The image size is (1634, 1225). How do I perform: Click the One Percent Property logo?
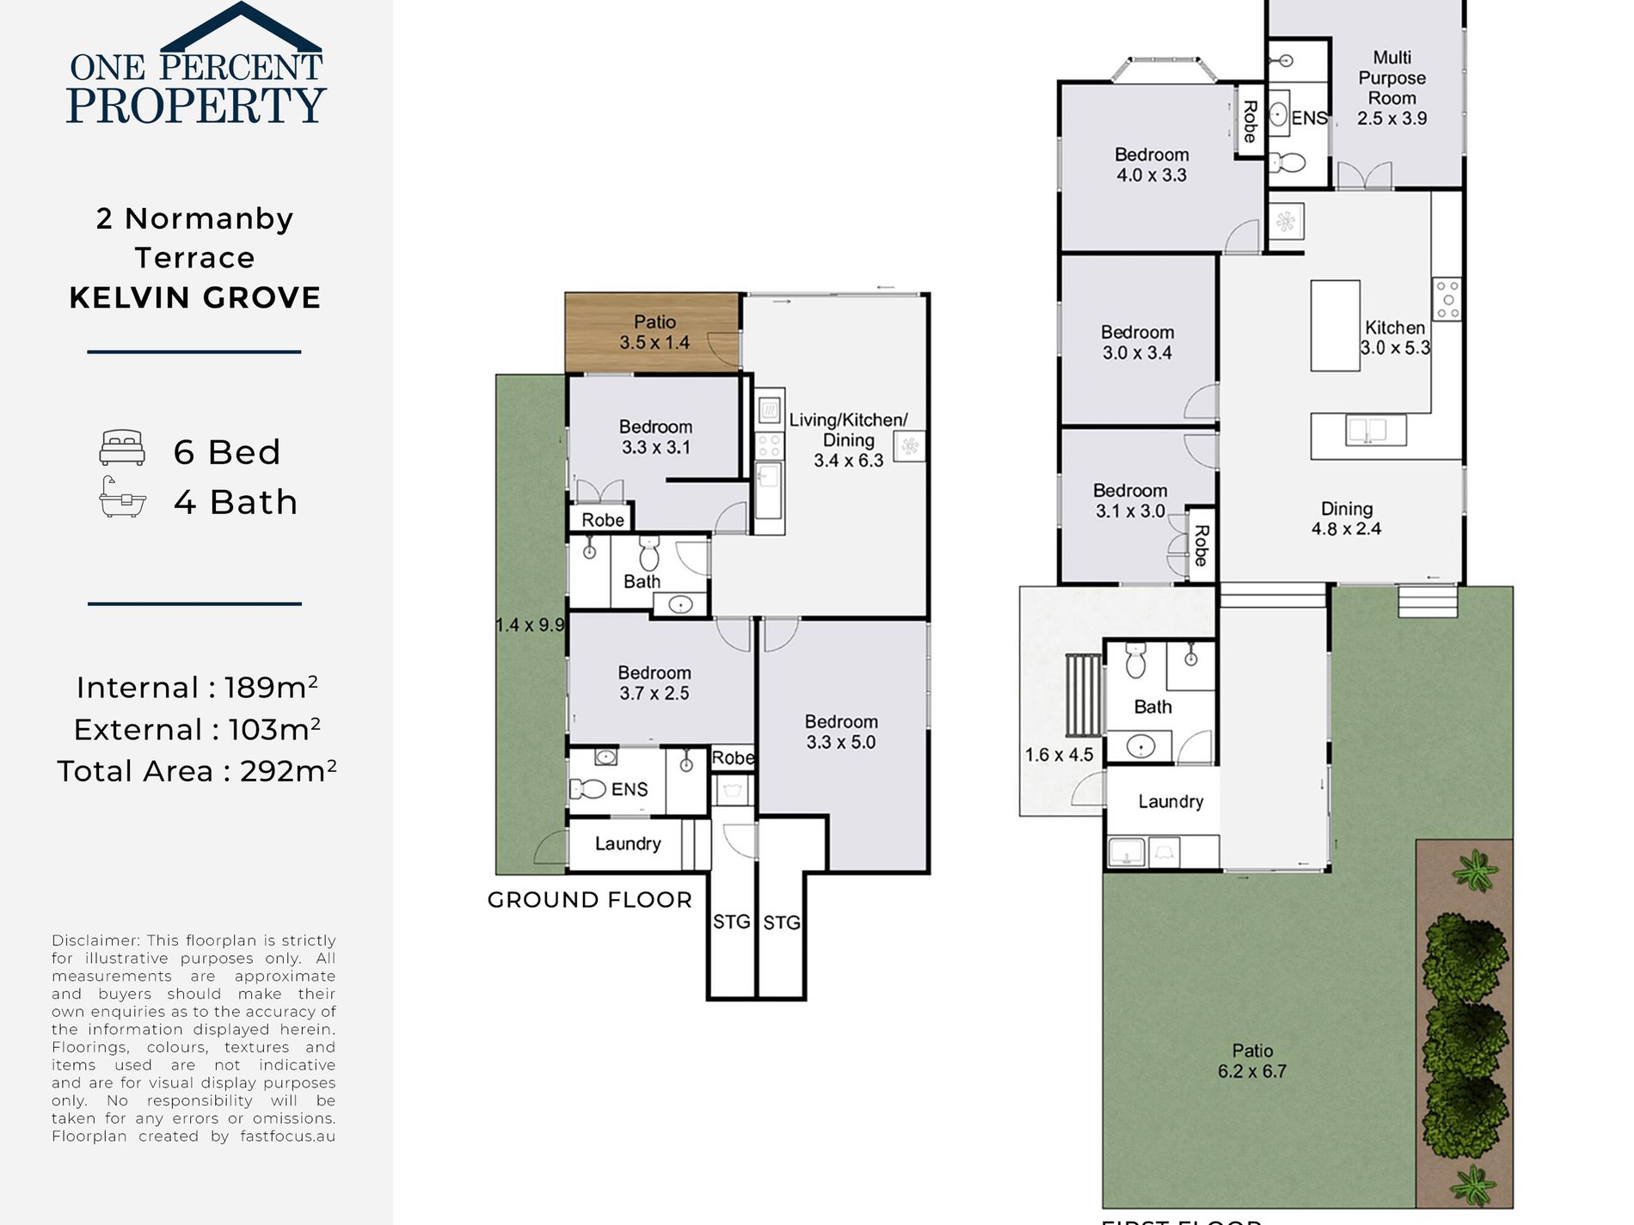click(195, 67)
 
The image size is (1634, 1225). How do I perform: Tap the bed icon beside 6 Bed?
click(121, 448)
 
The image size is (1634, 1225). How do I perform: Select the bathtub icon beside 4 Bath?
click(121, 498)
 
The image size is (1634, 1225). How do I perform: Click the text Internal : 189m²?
click(197, 688)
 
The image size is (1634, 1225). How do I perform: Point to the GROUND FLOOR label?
click(589, 900)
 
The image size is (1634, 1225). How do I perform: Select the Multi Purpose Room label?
click(1391, 88)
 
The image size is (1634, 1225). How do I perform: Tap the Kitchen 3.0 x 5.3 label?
click(1394, 338)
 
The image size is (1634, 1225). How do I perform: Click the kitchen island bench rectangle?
click(1335, 326)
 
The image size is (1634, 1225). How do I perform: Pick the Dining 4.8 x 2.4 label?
click(1346, 519)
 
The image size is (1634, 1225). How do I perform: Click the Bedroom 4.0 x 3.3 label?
click(1152, 165)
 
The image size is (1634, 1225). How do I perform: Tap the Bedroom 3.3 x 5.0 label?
click(841, 732)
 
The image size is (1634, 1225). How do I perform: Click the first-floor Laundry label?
click(1170, 802)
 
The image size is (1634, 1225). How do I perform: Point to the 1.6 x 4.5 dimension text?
click(1059, 755)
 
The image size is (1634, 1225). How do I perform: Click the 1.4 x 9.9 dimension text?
click(530, 625)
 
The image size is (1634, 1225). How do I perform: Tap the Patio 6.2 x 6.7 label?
click(1252, 1061)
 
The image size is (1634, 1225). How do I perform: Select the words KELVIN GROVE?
click(195, 298)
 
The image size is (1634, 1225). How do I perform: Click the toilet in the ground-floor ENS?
click(588, 788)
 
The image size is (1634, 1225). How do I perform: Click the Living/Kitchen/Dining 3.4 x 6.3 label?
click(849, 440)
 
